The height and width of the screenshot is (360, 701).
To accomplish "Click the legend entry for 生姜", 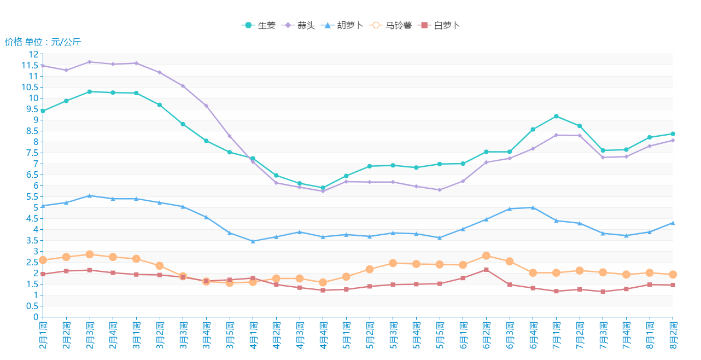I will (x=259, y=25).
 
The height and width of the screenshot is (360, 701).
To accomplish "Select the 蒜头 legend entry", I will (x=299, y=25).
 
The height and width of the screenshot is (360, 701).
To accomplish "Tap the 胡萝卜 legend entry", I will (x=342, y=25).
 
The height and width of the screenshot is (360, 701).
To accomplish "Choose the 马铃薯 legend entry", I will (x=390, y=25).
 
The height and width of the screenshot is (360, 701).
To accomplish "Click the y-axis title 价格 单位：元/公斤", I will (x=43, y=42).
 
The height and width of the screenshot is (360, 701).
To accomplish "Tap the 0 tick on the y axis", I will (x=36, y=317).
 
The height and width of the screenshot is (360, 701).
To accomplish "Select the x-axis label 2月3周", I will (x=90, y=335).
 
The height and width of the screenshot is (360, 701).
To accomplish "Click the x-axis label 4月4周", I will (x=323, y=335).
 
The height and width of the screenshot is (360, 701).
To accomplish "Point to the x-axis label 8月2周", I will (x=673, y=335).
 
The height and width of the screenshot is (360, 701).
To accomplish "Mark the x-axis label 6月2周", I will (x=486, y=335).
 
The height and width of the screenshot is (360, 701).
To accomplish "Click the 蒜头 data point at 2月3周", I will (x=90, y=62).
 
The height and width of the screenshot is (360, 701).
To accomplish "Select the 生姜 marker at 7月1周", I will (x=556, y=116).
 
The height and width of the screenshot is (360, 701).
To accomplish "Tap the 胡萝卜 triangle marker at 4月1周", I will (x=253, y=241).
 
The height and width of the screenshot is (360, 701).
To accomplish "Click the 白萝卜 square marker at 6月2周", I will (x=486, y=270).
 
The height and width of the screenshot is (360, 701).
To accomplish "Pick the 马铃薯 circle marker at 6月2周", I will (x=486, y=256).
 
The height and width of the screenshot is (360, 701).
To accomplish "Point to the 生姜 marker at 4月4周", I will (x=323, y=188).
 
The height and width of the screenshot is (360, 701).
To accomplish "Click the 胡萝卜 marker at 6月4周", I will (x=533, y=207).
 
